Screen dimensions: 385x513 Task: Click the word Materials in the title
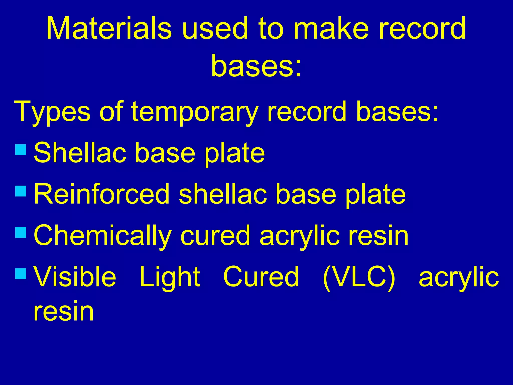109,28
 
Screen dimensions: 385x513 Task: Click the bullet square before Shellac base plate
21,150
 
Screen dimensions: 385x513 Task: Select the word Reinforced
101,194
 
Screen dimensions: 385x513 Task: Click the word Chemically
102,236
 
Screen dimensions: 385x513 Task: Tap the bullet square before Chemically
21,232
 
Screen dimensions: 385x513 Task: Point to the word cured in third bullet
215,236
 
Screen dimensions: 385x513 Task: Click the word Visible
75,277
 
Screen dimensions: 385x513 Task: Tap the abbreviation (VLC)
359,277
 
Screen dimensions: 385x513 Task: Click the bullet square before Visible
21,274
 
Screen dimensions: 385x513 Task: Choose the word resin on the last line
64,311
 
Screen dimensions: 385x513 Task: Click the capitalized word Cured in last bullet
261,277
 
